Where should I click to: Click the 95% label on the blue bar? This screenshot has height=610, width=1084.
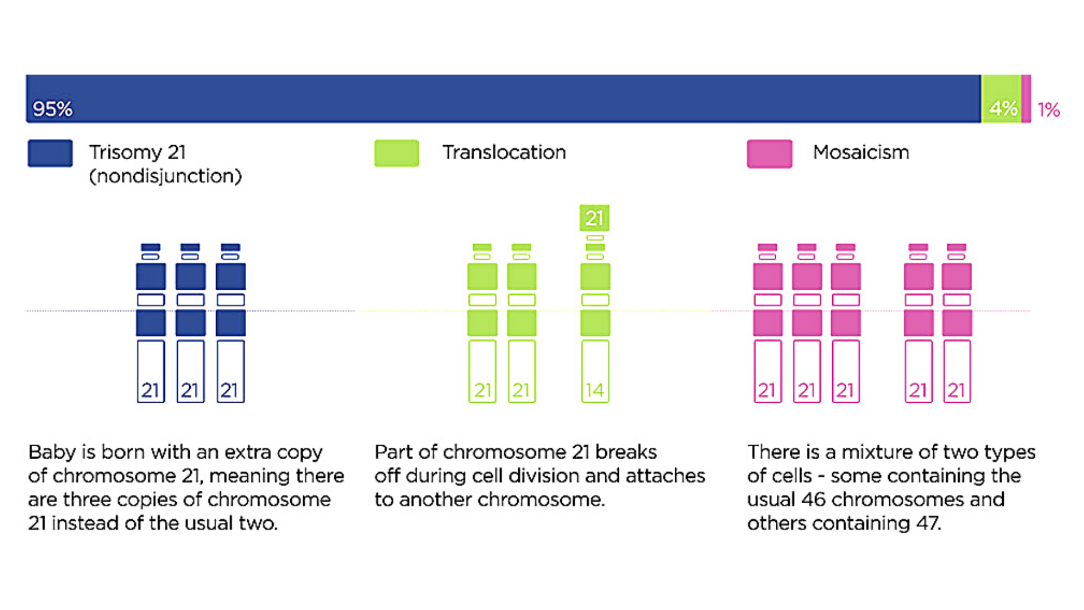pos(53,108)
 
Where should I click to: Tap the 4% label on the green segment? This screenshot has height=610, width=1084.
pos(1003,108)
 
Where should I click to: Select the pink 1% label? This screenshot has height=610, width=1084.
pos(1048,110)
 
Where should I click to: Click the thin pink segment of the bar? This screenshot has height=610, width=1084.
pos(1026,98)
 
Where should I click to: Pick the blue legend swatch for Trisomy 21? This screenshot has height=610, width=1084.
pos(50,153)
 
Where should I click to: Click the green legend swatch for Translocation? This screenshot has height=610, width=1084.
pos(397,153)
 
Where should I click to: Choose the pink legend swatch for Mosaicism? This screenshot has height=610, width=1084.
pos(770,154)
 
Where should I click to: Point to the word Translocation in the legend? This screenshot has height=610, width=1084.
pos(504,152)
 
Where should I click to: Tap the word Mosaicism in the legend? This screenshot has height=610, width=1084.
pos(861,152)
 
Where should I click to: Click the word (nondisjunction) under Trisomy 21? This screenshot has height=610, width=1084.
pos(165,176)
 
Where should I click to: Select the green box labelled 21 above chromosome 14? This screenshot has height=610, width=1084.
pos(595,218)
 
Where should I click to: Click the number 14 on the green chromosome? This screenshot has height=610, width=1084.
pos(595,390)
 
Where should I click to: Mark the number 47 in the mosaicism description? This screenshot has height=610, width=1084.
pos(928,523)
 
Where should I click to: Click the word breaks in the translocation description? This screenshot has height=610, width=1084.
pos(626,452)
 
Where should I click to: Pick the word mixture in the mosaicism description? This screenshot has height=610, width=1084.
pos(877,452)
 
